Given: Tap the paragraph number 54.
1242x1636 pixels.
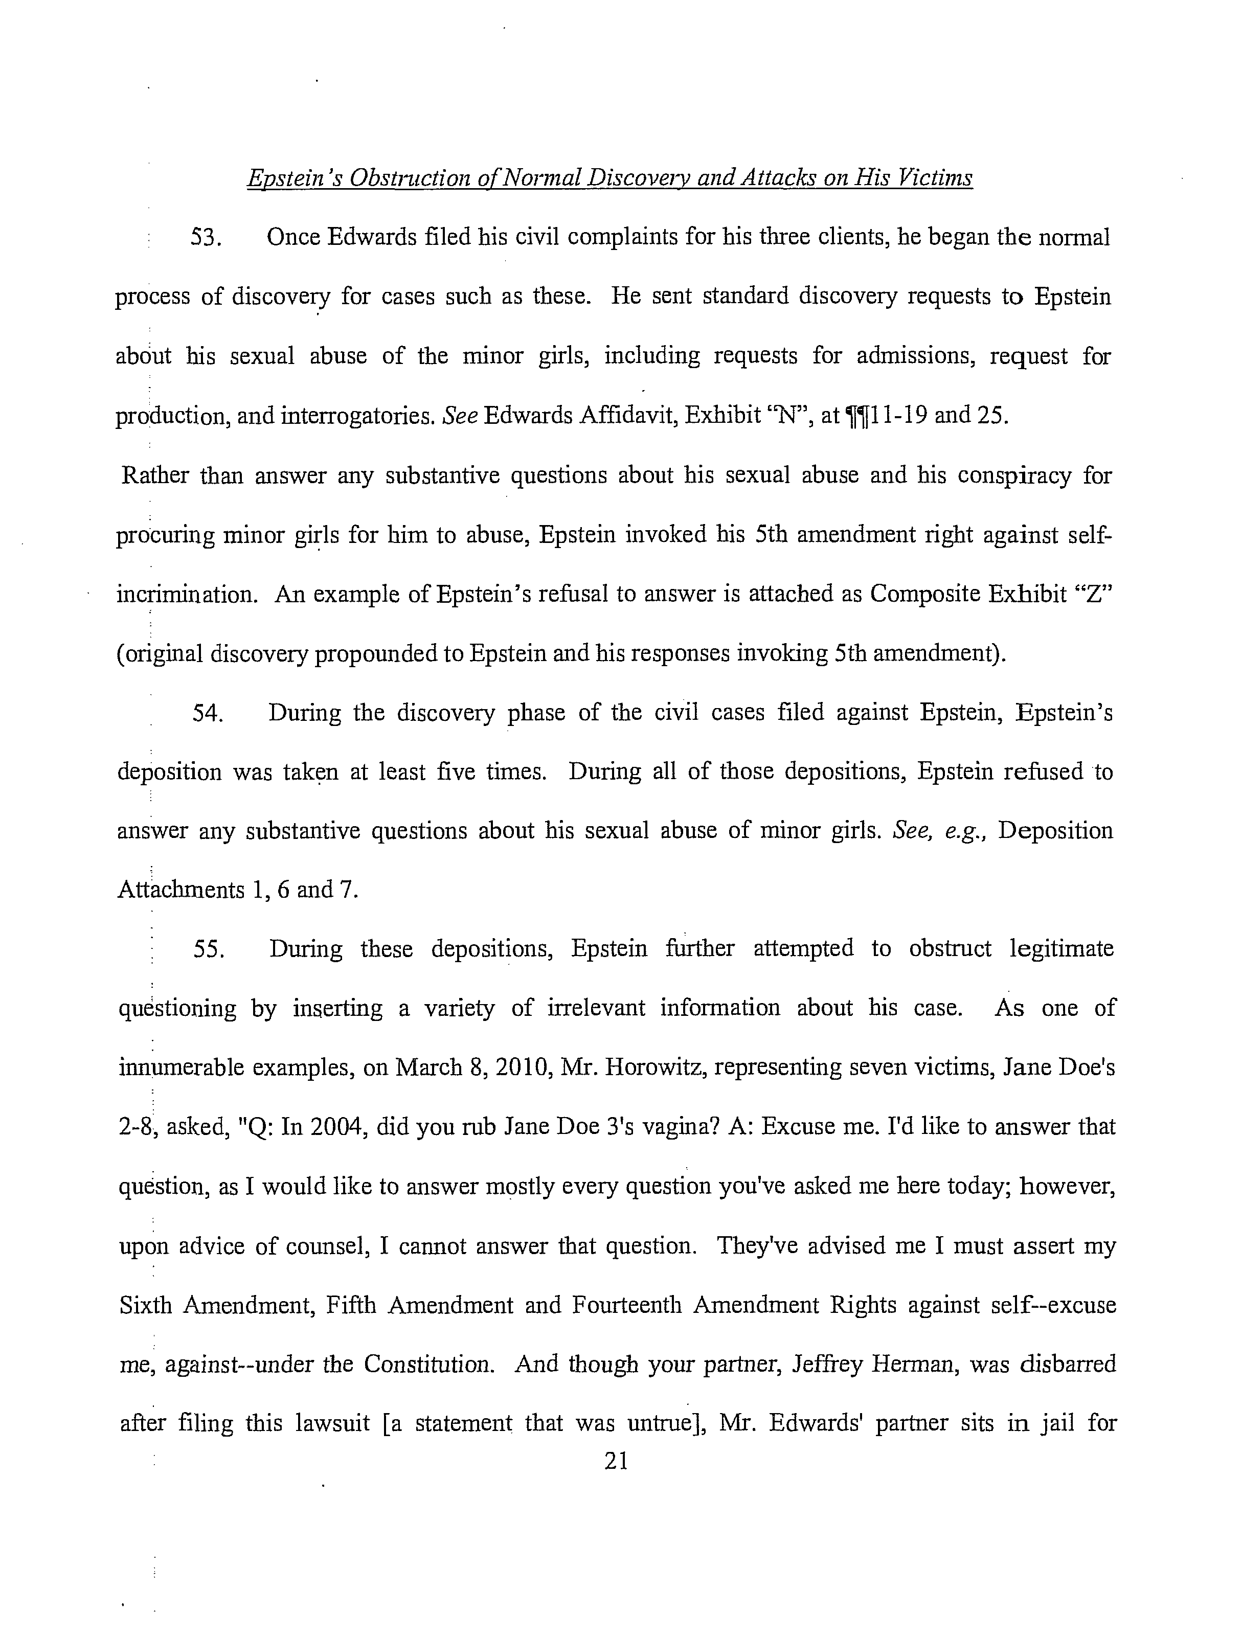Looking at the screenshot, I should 209,713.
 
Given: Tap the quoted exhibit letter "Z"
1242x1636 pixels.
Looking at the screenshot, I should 1094,594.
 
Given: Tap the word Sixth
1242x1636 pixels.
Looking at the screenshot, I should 146,1305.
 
